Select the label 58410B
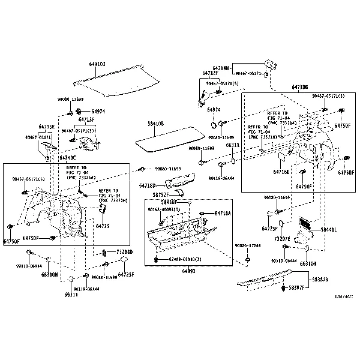155,123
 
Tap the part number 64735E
46,127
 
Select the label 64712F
210,74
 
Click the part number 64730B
299,88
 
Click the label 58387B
320,280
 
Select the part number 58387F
297,289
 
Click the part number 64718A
223,214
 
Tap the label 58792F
160,195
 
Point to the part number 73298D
124,252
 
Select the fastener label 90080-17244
248,246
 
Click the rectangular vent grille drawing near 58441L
305,225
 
